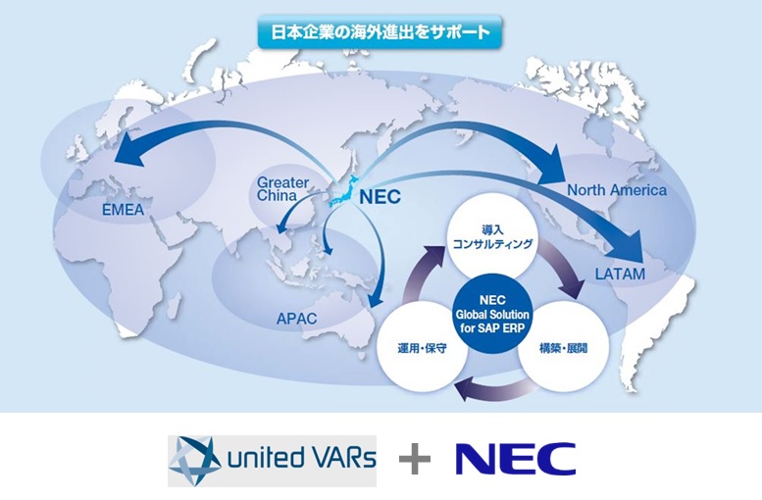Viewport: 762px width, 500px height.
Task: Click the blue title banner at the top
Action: tap(381, 32)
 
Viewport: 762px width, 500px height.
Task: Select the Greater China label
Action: tap(282, 190)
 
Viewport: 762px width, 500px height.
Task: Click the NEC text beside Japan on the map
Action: tap(381, 196)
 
